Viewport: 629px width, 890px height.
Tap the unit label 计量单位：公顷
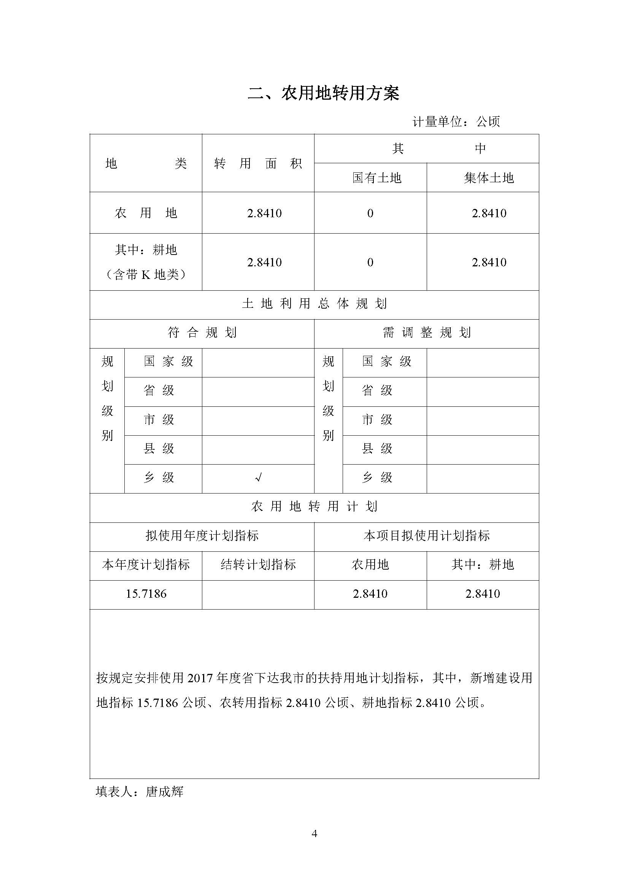(x=456, y=122)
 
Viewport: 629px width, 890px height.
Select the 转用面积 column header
(x=258, y=164)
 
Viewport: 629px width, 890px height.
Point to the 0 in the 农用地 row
(x=370, y=213)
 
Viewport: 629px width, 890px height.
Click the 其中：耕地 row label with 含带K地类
(x=146, y=262)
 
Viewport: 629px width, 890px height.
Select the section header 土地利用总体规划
(x=314, y=304)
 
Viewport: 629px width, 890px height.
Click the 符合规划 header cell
(x=202, y=333)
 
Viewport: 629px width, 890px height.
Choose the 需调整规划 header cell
(x=426, y=333)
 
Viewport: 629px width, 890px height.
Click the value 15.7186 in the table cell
(x=146, y=594)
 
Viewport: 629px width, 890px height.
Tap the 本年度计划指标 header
(x=146, y=565)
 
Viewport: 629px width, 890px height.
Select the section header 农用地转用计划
(x=314, y=506)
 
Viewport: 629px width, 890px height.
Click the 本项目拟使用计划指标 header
(x=426, y=536)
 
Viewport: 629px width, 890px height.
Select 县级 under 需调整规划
(x=377, y=449)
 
